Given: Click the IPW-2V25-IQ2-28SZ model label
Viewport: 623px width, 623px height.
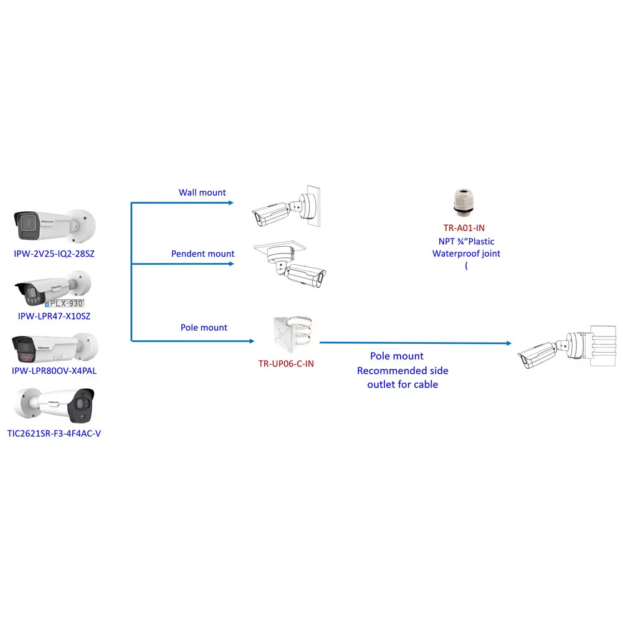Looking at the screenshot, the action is pyautogui.click(x=54, y=254).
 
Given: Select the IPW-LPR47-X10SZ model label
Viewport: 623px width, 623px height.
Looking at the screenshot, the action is pyautogui.click(x=54, y=316).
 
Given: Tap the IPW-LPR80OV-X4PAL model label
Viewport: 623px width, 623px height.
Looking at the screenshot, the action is pyautogui.click(x=54, y=371).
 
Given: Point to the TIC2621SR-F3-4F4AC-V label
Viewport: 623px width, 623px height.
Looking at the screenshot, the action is pyautogui.click(x=54, y=434).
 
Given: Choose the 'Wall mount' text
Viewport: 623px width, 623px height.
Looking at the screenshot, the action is pyautogui.click(x=202, y=193).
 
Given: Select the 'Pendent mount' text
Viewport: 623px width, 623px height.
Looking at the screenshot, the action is pyautogui.click(x=202, y=254).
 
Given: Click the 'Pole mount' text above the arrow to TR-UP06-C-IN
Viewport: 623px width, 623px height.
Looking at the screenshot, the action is pyautogui.click(x=204, y=328).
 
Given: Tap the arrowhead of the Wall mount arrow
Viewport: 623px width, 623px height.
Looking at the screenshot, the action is pyautogui.click(x=231, y=203).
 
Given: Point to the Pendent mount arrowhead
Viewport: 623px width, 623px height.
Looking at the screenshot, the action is pyautogui.click(x=231, y=264).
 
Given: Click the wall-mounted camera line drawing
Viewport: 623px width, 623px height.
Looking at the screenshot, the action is pyautogui.click(x=286, y=207).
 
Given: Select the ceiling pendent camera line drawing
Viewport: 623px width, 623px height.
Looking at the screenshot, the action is pyautogui.click(x=290, y=264).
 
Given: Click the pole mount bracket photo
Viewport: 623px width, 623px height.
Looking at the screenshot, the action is pyautogui.click(x=293, y=334).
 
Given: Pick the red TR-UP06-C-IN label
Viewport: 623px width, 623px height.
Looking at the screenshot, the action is pyautogui.click(x=286, y=364).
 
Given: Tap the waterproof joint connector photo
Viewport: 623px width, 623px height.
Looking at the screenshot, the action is pyautogui.click(x=464, y=202).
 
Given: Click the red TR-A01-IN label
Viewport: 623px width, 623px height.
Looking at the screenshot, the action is pyautogui.click(x=464, y=228).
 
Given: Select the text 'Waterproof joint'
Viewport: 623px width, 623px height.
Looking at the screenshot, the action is pyautogui.click(x=466, y=254).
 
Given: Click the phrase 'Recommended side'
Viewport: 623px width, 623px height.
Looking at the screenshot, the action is pyautogui.click(x=402, y=371).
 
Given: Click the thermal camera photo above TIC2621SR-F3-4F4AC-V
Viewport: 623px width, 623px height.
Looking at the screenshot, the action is pyautogui.click(x=55, y=406).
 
